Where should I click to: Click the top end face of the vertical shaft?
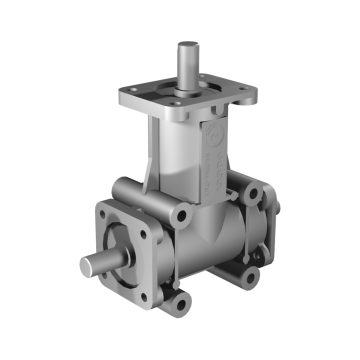188,45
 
